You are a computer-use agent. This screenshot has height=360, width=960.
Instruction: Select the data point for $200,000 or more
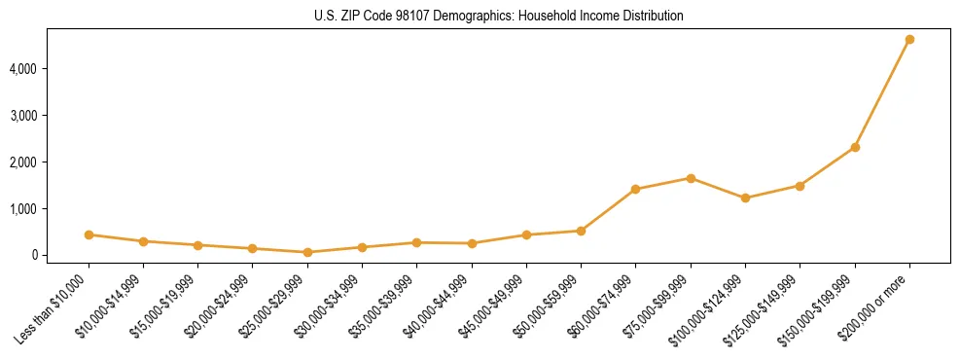909,40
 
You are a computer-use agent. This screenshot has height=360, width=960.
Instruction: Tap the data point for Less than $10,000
89,234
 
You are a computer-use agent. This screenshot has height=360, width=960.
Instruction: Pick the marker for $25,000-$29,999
307,252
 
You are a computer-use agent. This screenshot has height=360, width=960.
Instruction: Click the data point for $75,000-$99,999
691,178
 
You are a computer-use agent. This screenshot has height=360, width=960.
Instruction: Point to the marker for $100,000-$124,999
745,198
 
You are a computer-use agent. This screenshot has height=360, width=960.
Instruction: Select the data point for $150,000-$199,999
855,147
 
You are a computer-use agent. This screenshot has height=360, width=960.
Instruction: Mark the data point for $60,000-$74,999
635,189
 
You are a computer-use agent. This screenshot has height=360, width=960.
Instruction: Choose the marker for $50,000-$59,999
581,231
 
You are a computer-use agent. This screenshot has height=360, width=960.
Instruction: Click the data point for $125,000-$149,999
800,186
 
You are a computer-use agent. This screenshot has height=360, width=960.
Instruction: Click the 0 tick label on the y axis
58,255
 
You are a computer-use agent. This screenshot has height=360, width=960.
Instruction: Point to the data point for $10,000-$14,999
143,241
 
